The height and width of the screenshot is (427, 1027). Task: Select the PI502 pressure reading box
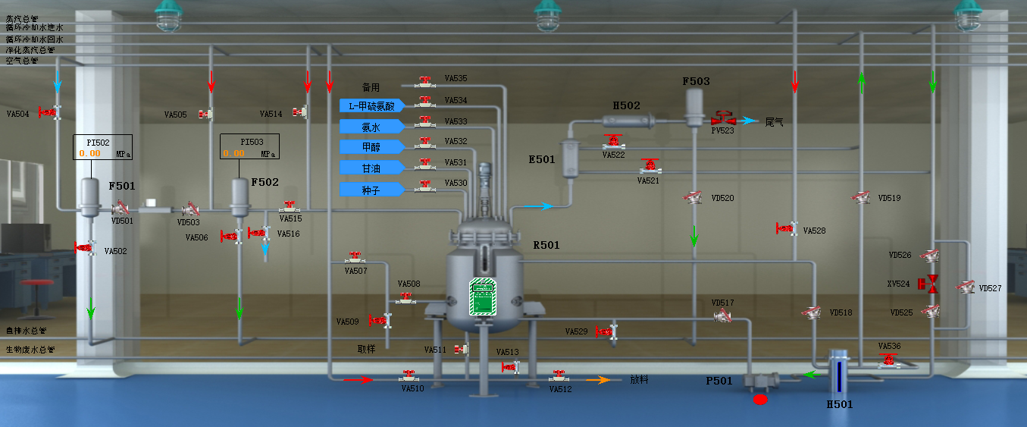102,146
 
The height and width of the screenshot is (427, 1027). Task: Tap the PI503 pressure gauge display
249,146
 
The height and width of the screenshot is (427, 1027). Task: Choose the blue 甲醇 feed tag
370,146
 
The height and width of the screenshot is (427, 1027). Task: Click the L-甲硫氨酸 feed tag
370,105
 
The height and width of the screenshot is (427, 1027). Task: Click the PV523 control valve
724,119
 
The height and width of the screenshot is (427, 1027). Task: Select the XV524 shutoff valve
928,284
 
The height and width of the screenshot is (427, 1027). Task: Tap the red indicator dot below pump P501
759,399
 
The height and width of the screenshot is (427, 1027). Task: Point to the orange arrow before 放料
603,380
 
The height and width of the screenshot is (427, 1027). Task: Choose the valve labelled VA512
559,375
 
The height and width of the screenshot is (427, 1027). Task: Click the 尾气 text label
774,121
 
